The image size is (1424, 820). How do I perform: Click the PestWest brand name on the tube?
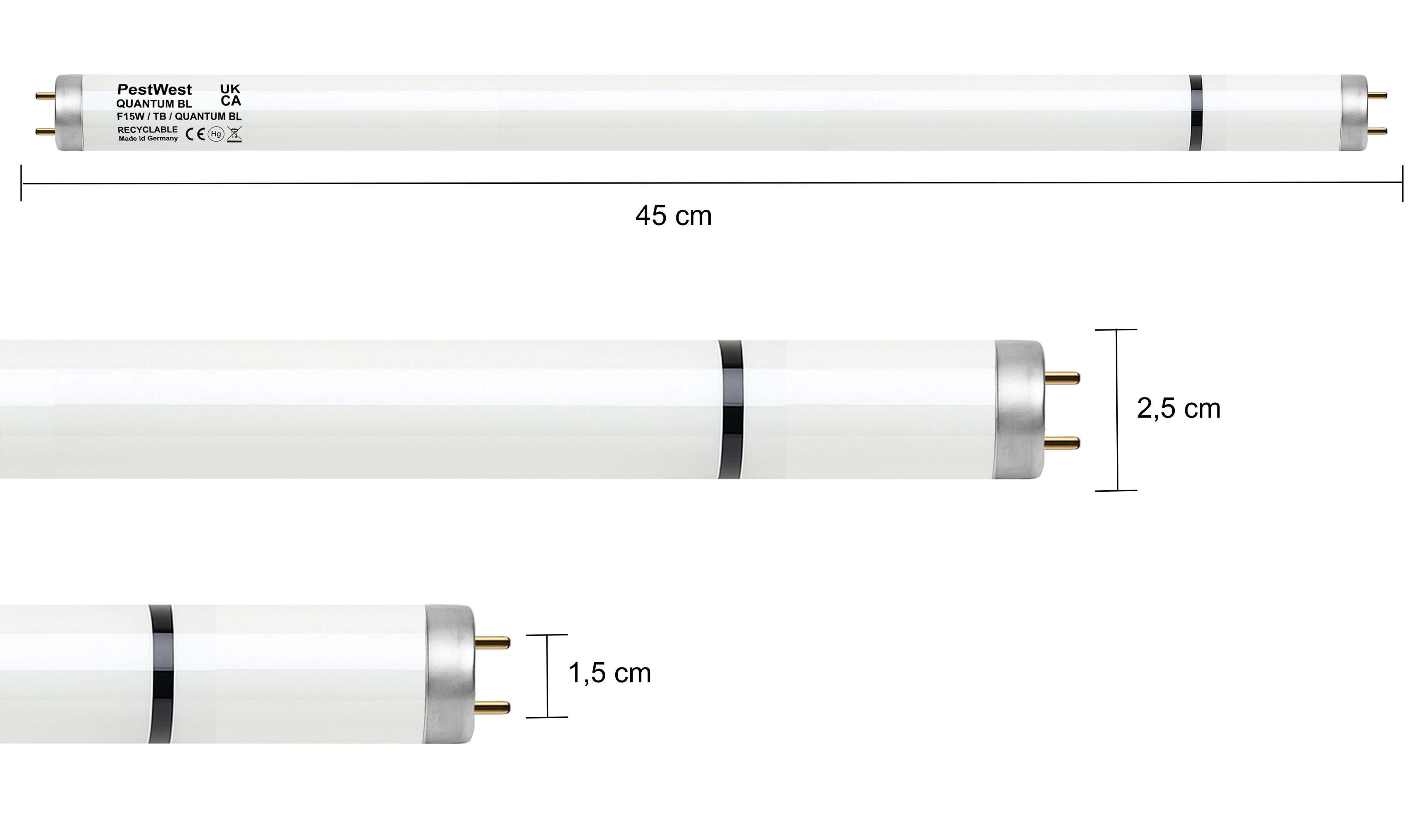[154, 90]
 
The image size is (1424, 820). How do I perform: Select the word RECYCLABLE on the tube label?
[148, 130]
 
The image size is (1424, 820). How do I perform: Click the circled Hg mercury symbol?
[216, 134]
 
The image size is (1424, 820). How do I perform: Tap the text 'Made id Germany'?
[148, 139]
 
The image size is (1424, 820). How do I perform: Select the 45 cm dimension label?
[673, 216]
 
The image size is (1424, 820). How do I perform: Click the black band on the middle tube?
[730, 409]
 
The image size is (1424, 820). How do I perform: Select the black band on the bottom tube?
[161, 674]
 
